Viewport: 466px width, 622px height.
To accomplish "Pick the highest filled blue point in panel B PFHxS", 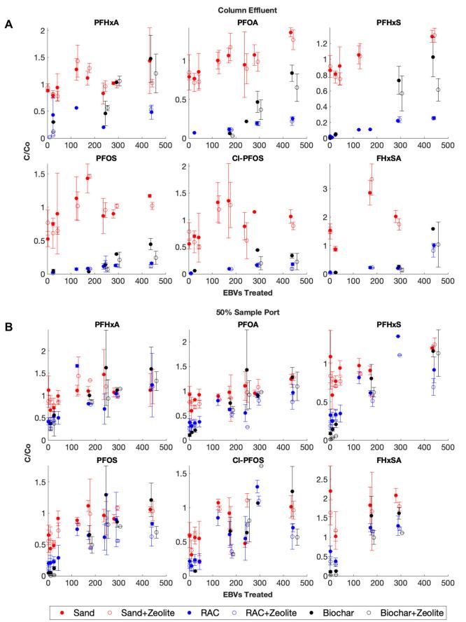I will pos(398,336).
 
